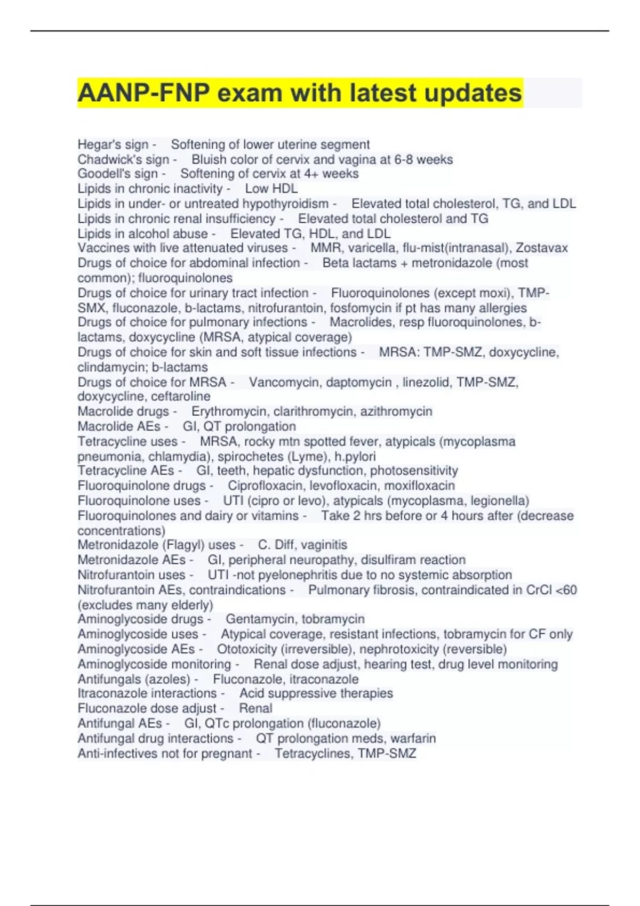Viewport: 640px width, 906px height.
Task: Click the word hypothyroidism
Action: click(x=285, y=204)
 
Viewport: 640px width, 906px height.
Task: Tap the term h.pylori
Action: click(x=355, y=457)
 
